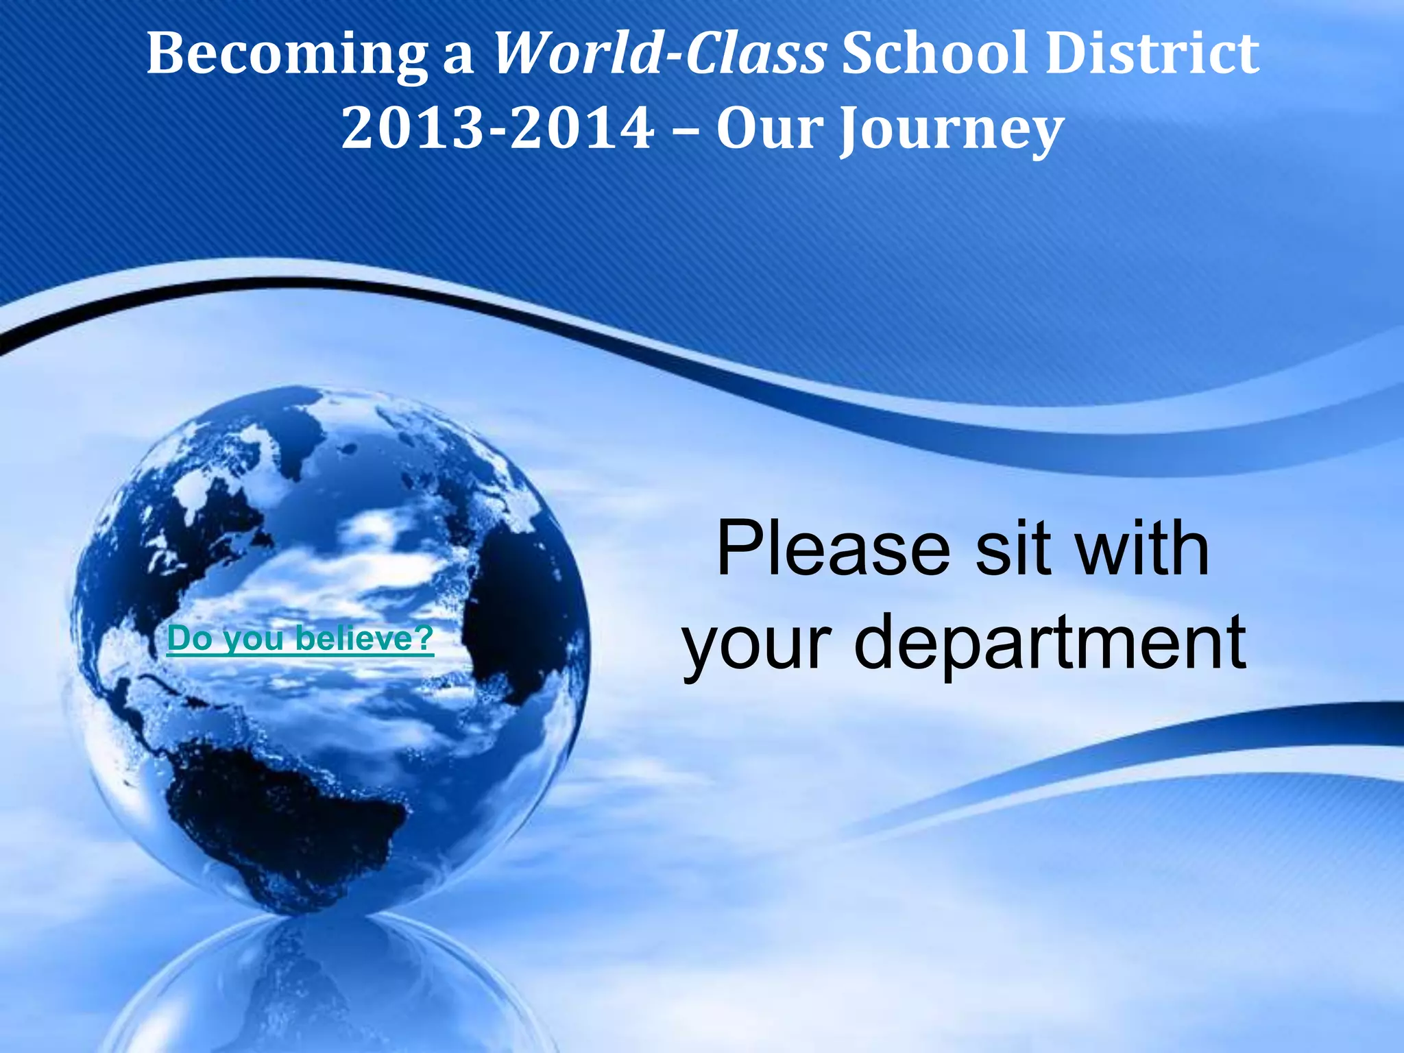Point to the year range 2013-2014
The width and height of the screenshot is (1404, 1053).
[x=498, y=128]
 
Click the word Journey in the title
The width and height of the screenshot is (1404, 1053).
[x=952, y=130]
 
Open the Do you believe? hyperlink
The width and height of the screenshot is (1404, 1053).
[x=300, y=639]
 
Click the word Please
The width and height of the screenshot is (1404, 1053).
[x=833, y=550]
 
